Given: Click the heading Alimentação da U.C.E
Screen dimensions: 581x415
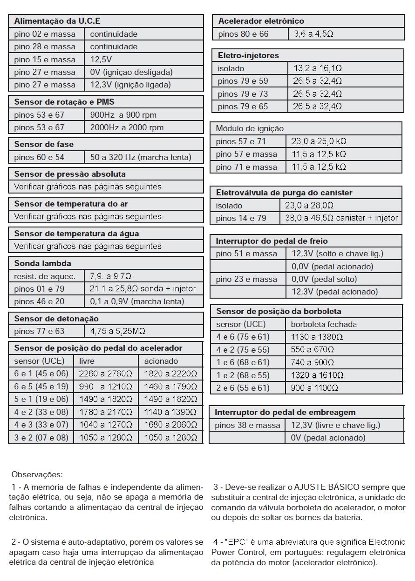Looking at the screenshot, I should [57, 21].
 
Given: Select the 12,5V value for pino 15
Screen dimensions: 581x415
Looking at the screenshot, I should [101, 60].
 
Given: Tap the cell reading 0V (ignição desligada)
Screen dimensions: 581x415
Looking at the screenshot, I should [131, 72].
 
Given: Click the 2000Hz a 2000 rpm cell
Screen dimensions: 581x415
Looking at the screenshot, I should [127, 127].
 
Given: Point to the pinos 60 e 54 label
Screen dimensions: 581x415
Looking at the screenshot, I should [39, 157].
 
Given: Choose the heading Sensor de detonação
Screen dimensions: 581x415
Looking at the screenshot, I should [56, 319].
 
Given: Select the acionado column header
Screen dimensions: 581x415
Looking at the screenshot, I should [161, 361].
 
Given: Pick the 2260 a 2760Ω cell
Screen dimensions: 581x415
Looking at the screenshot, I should [105, 374].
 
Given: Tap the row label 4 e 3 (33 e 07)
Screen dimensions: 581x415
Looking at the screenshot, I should [41, 425].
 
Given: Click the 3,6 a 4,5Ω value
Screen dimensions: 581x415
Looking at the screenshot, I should [313, 34].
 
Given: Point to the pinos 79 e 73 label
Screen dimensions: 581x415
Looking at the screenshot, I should [243, 94].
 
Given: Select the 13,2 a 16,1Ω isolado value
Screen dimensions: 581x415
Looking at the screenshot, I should [317, 68].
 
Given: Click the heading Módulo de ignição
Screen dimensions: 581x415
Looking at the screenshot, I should [249, 128].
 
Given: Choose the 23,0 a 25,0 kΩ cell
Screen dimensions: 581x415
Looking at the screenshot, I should [319, 141].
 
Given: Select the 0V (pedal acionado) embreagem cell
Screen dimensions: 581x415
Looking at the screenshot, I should [328, 438].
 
